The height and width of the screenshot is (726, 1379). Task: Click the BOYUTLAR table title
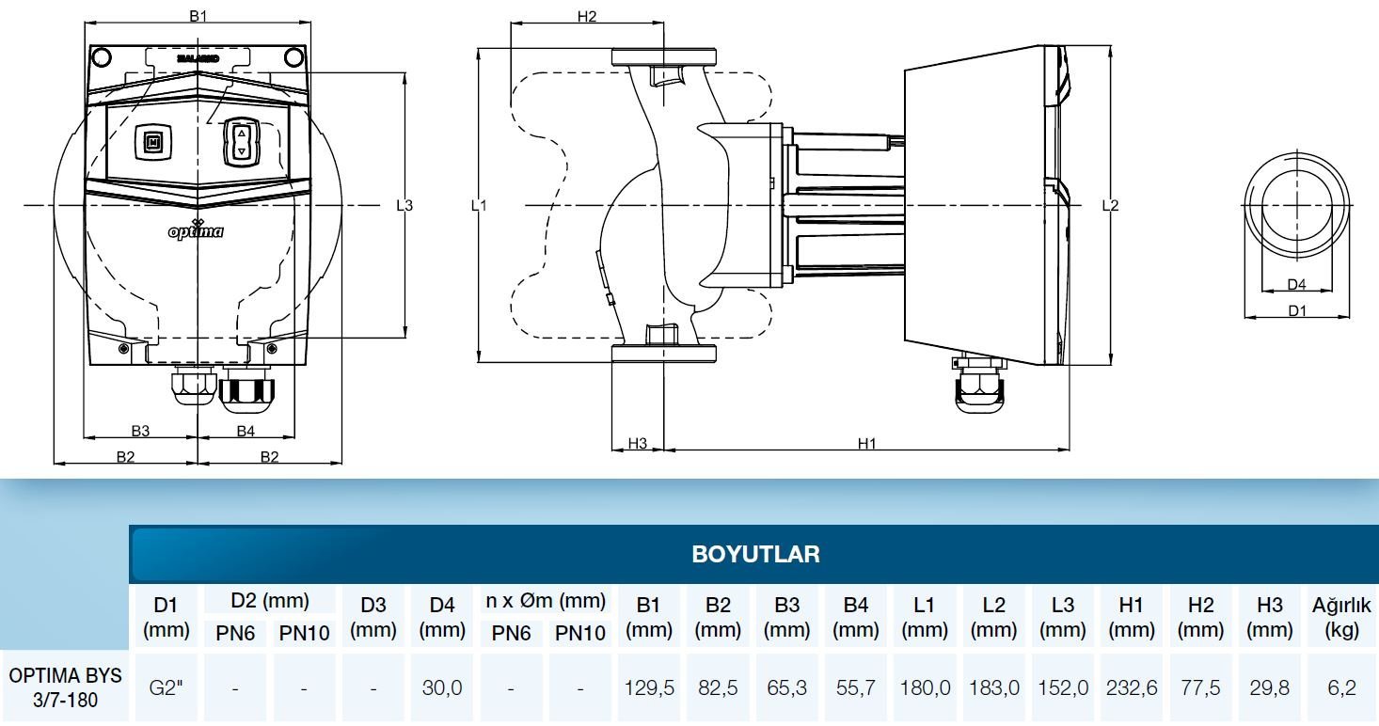pyautogui.click(x=755, y=554)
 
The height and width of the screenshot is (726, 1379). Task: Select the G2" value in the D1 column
pyautogui.click(x=166, y=687)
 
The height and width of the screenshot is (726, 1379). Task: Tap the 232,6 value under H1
pyautogui.click(x=1132, y=687)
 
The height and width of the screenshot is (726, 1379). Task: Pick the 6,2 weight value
pyautogui.click(x=1341, y=687)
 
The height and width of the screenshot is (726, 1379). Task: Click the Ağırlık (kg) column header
pyautogui.click(x=1341, y=617)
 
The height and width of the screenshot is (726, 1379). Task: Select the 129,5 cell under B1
pyautogui.click(x=649, y=687)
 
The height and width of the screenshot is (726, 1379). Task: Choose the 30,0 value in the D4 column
pyautogui.click(x=442, y=687)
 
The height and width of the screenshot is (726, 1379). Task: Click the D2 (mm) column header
pyautogui.click(x=269, y=601)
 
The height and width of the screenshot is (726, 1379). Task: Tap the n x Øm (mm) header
pyautogui.click(x=545, y=601)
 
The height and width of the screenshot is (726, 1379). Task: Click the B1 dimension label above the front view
pyautogui.click(x=198, y=16)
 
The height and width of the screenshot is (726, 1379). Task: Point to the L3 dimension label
pyautogui.click(x=404, y=205)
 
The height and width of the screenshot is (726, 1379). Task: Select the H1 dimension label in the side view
pyautogui.click(x=866, y=444)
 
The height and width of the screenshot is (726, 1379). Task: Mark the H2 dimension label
pyautogui.click(x=587, y=16)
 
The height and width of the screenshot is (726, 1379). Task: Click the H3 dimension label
pyautogui.click(x=638, y=444)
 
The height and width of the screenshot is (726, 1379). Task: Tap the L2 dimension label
pyautogui.click(x=1110, y=205)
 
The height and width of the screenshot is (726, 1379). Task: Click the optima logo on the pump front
pyautogui.click(x=196, y=229)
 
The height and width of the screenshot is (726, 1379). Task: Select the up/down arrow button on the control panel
pyautogui.click(x=241, y=142)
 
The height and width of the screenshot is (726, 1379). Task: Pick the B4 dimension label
pyautogui.click(x=246, y=431)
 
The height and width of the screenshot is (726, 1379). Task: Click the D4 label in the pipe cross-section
pyautogui.click(x=1296, y=284)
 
